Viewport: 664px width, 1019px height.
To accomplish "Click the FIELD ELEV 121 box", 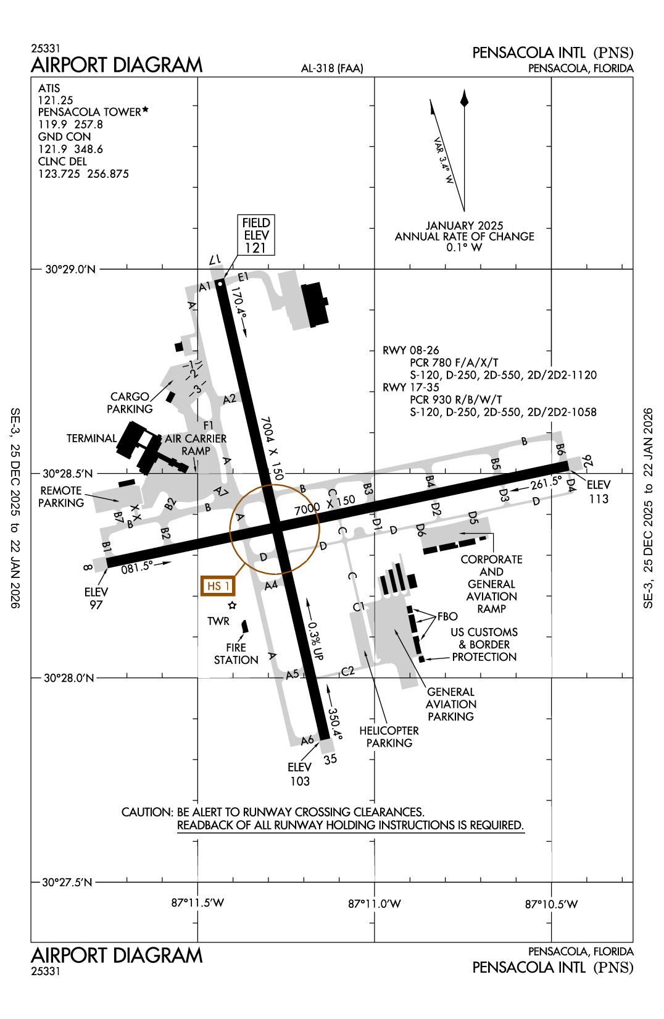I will pyautogui.click(x=256, y=235).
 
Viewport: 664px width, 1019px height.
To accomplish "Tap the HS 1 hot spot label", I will pyautogui.click(x=218, y=585).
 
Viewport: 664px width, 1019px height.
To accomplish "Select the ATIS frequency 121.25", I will pyautogui.click(x=56, y=100).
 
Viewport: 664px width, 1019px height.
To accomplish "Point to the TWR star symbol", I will pyautogui.click(x=232, y=605).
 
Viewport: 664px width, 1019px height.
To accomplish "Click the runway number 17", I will pyautogui.click(x=214, y=260).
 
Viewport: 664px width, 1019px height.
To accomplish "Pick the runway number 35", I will pyautogui.click(x=330, y=759).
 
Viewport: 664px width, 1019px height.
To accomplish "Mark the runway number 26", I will pyautogui.click(x=587, y=461).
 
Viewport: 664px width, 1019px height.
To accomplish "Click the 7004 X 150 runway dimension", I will pyautogui.click(x=272, y=448).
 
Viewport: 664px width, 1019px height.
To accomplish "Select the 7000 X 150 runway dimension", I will pyautogui.click(x=325, y=505).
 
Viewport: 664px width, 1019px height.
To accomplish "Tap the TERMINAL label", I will pyautogui.click(x=91, y=438).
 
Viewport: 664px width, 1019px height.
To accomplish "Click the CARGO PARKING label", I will pyautogui.click(x=130, y=403).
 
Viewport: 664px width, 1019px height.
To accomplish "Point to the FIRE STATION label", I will pyautogui.click(x=236, y=653).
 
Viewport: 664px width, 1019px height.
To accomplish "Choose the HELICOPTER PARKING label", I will pyautogui.click(x=389, y=737).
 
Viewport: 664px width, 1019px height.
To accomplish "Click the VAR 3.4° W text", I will pyautogui.click(x=444, y=160).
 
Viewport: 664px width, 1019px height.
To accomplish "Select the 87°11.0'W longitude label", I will pyautogui.click(x=374, y=904).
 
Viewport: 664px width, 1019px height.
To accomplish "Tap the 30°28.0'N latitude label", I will pyautogui.click(x=68, y=678).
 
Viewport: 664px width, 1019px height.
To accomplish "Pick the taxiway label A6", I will pyautogui.click(x=307, y=740).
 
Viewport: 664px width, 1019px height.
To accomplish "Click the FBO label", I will pyautogui.click(x=447, y=616).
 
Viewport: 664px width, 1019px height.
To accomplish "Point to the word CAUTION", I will pyautogui.click(x=147, y=812).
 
